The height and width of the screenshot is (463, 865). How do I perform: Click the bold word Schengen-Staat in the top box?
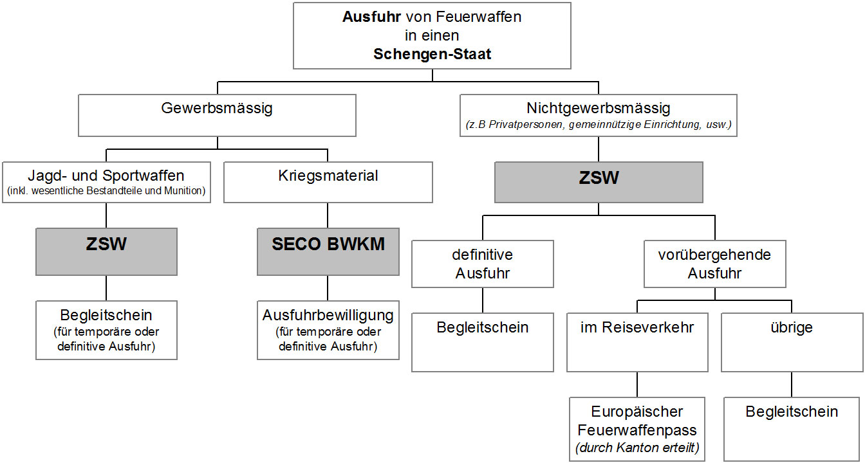pos(432,54)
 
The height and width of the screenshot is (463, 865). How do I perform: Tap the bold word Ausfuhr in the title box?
pos(366,17)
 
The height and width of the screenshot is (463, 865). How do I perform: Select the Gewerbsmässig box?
pos(217,115)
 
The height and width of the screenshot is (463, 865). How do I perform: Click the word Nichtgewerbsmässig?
pos(598,107)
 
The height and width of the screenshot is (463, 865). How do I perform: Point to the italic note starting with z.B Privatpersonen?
pos(598,125)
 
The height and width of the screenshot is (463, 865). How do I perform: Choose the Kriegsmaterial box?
pos(328,182)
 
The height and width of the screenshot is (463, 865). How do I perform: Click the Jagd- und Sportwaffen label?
pos(106,176)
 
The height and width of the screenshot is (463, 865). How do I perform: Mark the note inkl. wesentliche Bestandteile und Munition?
pos(106,191)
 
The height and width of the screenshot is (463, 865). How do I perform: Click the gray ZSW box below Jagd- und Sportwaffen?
pos(106,251)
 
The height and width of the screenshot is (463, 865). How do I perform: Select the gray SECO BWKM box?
pos(328,251)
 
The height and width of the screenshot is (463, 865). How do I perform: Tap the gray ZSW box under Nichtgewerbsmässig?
pos(598,182)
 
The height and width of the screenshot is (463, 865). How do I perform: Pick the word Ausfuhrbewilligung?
pos(328,316)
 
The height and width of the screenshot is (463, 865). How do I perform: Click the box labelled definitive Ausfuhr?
pos(482,264)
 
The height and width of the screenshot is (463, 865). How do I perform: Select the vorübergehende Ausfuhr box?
pos(714,264)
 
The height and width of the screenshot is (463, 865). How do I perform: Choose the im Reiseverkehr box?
pos(637,341)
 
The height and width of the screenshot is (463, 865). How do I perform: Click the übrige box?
pos(792,341)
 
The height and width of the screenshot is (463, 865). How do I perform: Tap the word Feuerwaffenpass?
pos(637,430)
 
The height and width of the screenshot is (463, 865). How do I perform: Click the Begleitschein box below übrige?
pos(792,428)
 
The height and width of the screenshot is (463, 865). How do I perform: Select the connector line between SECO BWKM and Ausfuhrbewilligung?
pos(328,287)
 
